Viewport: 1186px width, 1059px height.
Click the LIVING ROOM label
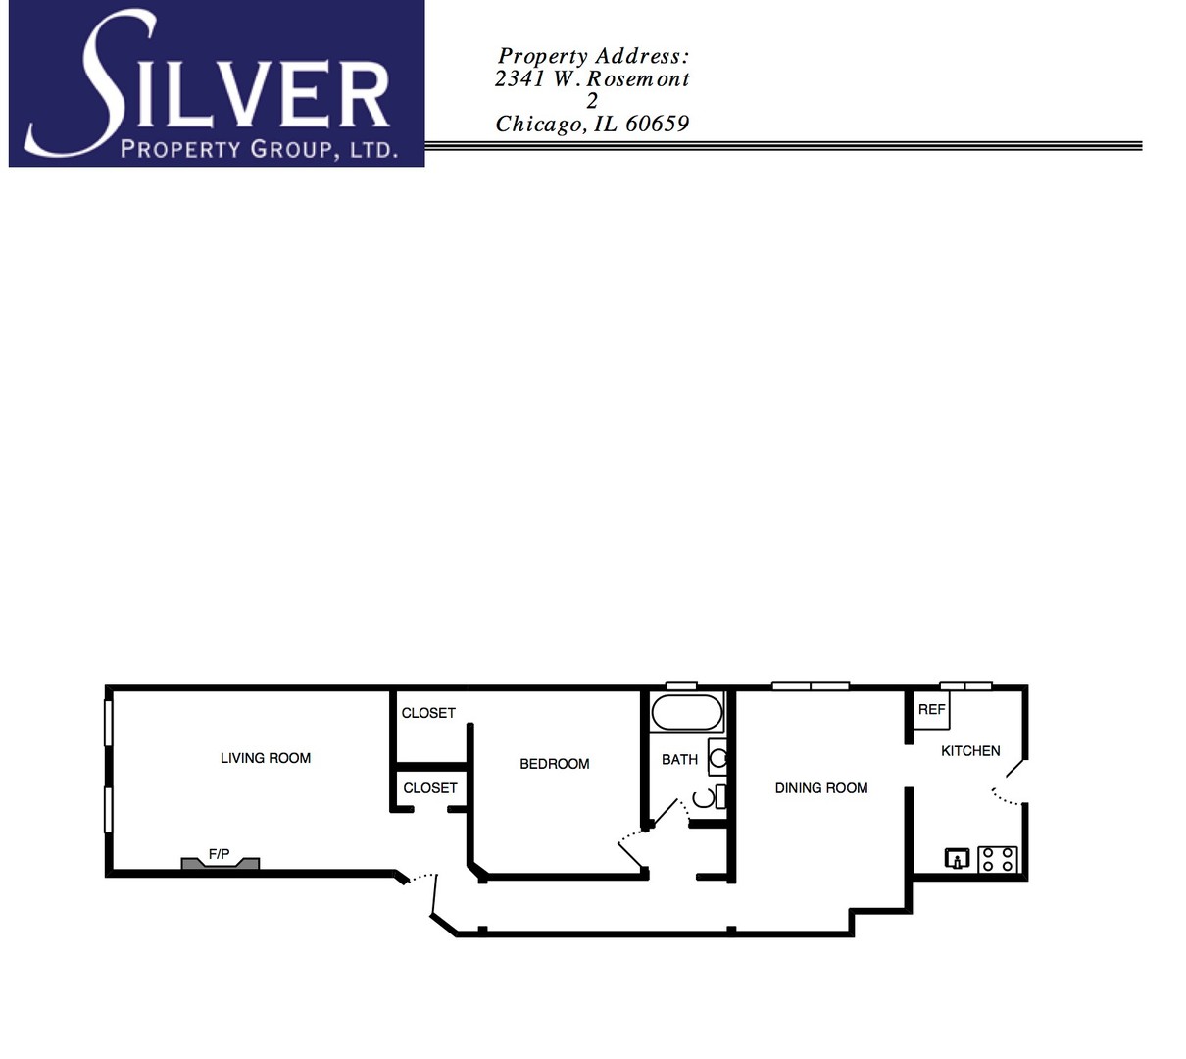pyautogui.click(x=266, y=758)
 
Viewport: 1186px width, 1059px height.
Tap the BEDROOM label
pyautogui.click(x=555, y=764)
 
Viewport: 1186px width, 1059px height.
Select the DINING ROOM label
pyautogui.click(x=821, y=788)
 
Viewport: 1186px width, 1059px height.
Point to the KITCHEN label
pyautogui.click(x=970, y=751)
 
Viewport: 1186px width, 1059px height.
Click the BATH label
pyautogui.click(x=679, y=760)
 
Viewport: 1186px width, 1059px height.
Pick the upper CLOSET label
pyautogui.click(x=428, y=713)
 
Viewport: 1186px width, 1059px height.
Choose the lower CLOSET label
pyautogui.click(x=430, y=788)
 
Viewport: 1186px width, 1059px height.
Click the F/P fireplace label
pyautogui.click(x=219, y=855)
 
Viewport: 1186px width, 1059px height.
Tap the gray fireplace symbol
pyautogui.click(x=221, y=864)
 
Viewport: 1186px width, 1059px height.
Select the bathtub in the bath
pyautogui.click(x=687, y=712)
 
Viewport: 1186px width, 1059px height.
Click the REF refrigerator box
pyautogui.click(x=931, y=710)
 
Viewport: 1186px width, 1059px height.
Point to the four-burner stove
pyautogui.click(x=998, y=859)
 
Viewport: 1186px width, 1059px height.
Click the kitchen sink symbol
pyautogui.click(x=957, y=859)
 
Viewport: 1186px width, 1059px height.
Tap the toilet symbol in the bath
pyautogui.click(x=710, y=797)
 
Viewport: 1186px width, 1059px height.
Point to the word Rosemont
pyautogui.click(x=638, y=78)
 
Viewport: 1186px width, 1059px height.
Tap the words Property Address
pyautogui.click(x=593, y=56)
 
